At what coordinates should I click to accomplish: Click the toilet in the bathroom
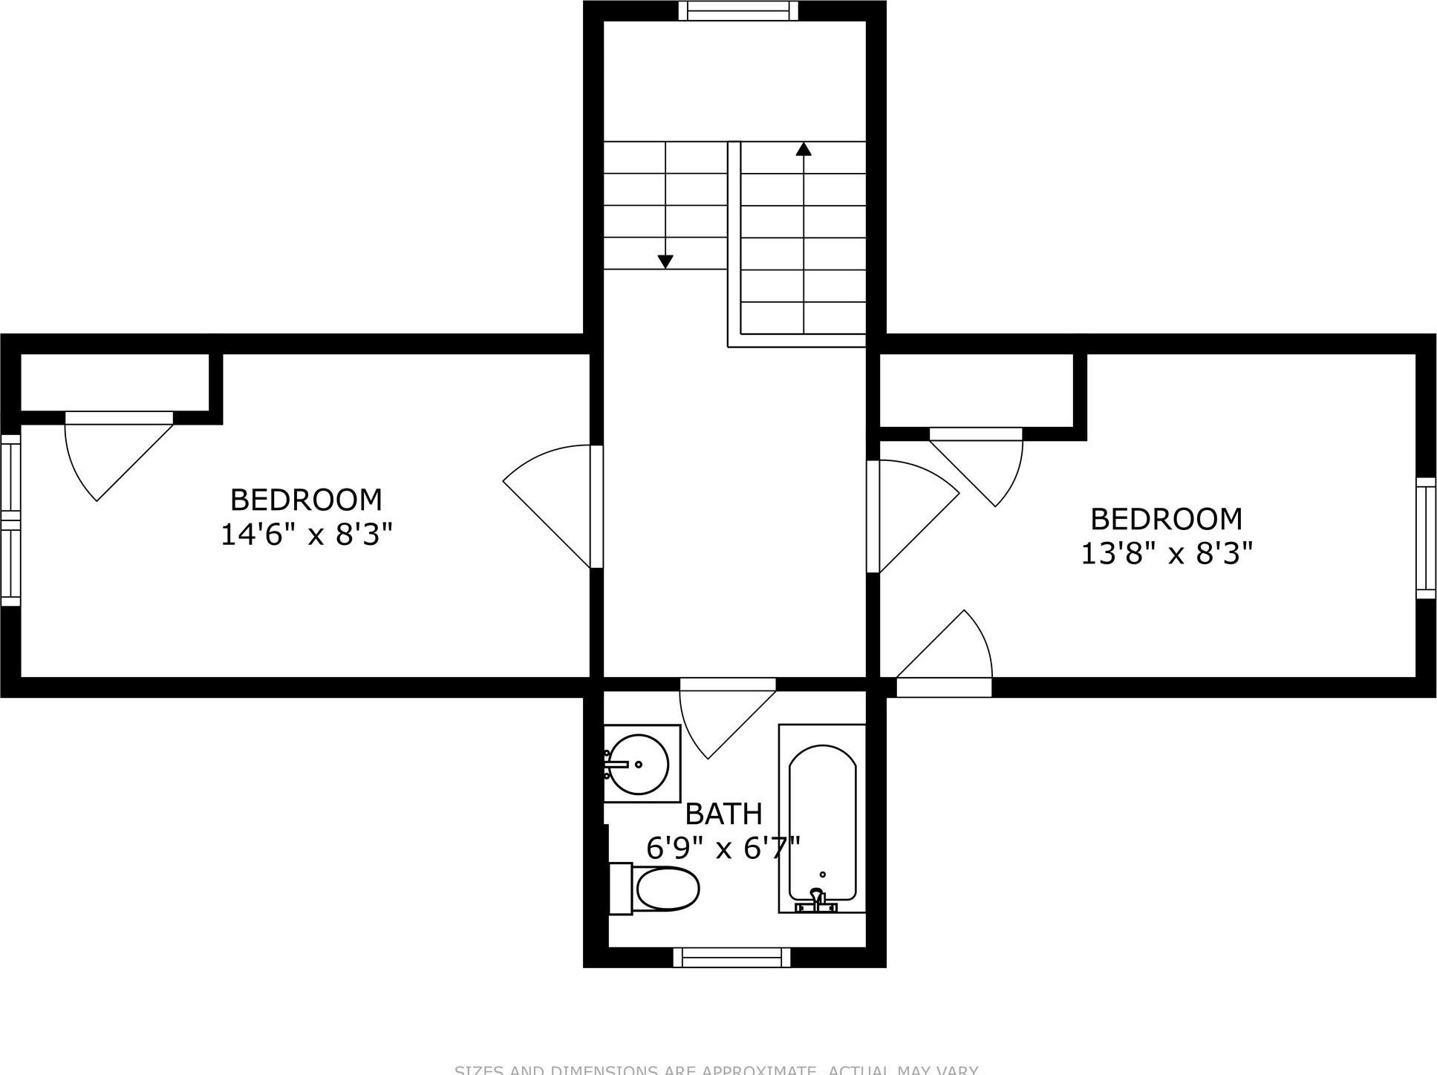(x=665, y=889)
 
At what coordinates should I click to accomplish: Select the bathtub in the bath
(x=822, y=817)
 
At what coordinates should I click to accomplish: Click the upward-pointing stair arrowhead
(x=804, y=149)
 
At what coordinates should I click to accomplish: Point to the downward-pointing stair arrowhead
(x=665, y=261)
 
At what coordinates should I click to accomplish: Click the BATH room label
(x=723, y=814)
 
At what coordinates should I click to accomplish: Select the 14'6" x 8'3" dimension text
(x=306, y=534)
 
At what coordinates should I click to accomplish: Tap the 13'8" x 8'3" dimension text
(x=1166, y=553)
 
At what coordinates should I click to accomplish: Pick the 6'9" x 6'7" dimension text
(x=723, y=848)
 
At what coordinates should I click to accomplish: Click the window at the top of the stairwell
(x=738, y=11)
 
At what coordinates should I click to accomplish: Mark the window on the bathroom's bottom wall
(x=731, y=958)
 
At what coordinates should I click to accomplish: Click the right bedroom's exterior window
(x=1426, y=538)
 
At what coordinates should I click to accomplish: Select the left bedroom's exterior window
(x=10, y=520)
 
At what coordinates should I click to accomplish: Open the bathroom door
(x=724, y=713)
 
